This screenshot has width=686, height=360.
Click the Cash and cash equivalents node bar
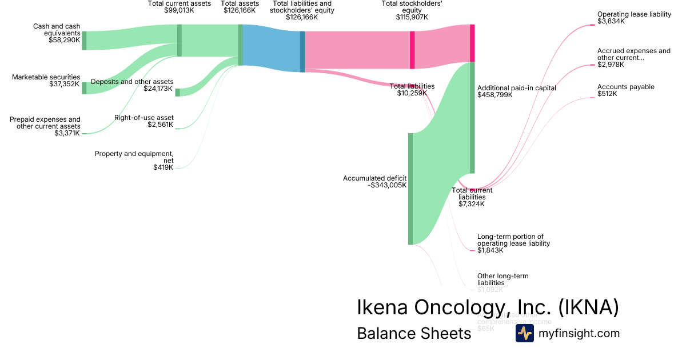coord(84,41)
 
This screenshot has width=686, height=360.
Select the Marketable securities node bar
coord(84,87)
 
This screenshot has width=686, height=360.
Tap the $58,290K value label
coord(65,40)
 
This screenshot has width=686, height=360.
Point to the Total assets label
coord(240,3)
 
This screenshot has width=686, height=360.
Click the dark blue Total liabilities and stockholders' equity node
coord(302,51)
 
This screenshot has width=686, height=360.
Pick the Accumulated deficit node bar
coord(410,189)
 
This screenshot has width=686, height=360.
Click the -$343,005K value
coord(388,185)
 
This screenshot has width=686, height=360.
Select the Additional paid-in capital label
coord(516,88)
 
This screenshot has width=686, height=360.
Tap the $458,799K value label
coord(495,95)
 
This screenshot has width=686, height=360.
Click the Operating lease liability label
coord(634,14)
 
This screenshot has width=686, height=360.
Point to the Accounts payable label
coord(626,87)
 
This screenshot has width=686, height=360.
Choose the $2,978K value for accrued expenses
coord(611,65)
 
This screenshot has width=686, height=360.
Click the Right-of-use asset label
coord(143,118)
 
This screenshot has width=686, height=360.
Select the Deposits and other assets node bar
coord(177,93)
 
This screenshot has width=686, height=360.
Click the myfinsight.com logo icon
coord(524,333)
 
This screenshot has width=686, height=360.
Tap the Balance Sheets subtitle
coord(414,333)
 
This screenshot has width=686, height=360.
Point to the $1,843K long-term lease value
coord(490,250)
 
